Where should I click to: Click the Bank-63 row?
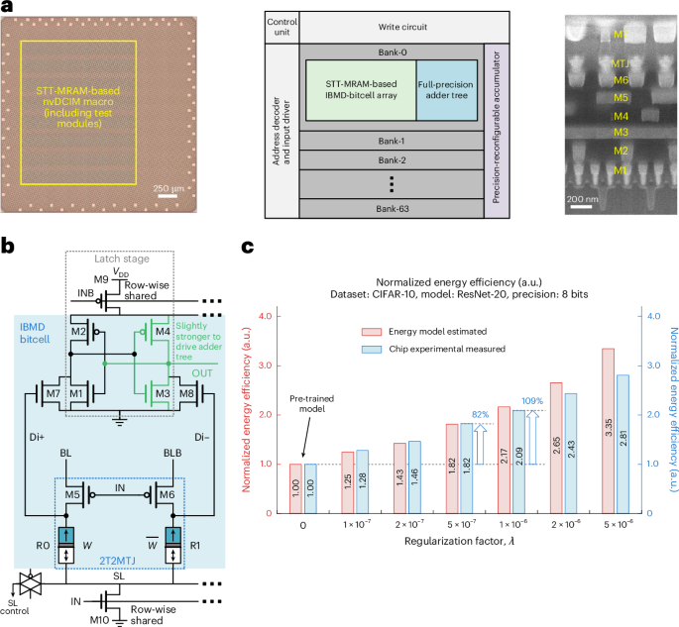coord(391,208)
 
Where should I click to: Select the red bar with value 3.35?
coord(608,431)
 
